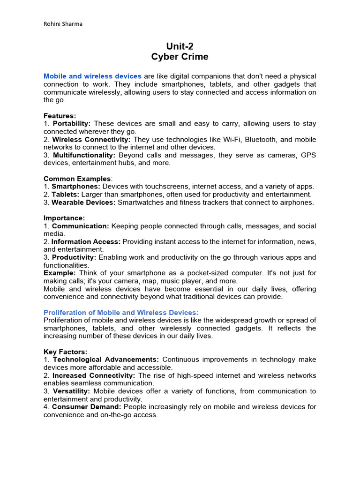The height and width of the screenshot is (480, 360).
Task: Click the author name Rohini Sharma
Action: click(x=63, y=24)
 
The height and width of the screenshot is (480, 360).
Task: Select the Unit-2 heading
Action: click(x=180, y=46)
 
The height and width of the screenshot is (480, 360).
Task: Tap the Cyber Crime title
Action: click(x=180, y=57)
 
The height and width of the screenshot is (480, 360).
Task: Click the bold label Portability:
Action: click(x=72, y=124)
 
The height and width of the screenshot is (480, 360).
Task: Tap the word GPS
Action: click(x=308, y=155)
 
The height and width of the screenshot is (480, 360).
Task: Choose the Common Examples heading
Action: click(x=77, y=179)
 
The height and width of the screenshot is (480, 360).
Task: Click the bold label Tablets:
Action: click(x=66, y=195)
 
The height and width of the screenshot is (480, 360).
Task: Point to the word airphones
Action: click(x=298, y=202)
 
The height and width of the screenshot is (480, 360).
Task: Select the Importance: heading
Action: click(x=64, y=218)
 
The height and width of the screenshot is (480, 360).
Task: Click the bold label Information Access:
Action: click(x=86, y=242)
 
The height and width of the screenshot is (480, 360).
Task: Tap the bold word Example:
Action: click(x=60, y=273)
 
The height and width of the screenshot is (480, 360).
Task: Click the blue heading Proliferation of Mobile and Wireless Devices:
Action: click(x=121, y=312)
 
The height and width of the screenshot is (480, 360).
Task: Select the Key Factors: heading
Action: click(x=65, y=352)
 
